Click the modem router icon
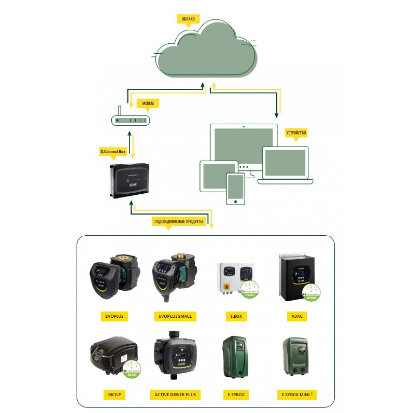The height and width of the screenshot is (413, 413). pyautogui.click(x=130, y=120)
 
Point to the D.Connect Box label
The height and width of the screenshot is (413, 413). pyautogui.click(x=113, y=152)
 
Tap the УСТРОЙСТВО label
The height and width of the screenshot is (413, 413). pyautogui.click(x=296, y=133)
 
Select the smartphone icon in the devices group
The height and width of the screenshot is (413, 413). pyautogui.click(x=236, y=188)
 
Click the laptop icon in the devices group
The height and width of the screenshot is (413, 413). pyautogui.click(x=285, y=165)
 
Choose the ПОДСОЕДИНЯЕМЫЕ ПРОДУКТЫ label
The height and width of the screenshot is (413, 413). pyautogui.click(x=179, y=221)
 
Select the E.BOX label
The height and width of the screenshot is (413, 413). pyautogui.click(x=236, y=316)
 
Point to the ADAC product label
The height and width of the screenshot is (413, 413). pyautogui.click(x=297, y=316)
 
